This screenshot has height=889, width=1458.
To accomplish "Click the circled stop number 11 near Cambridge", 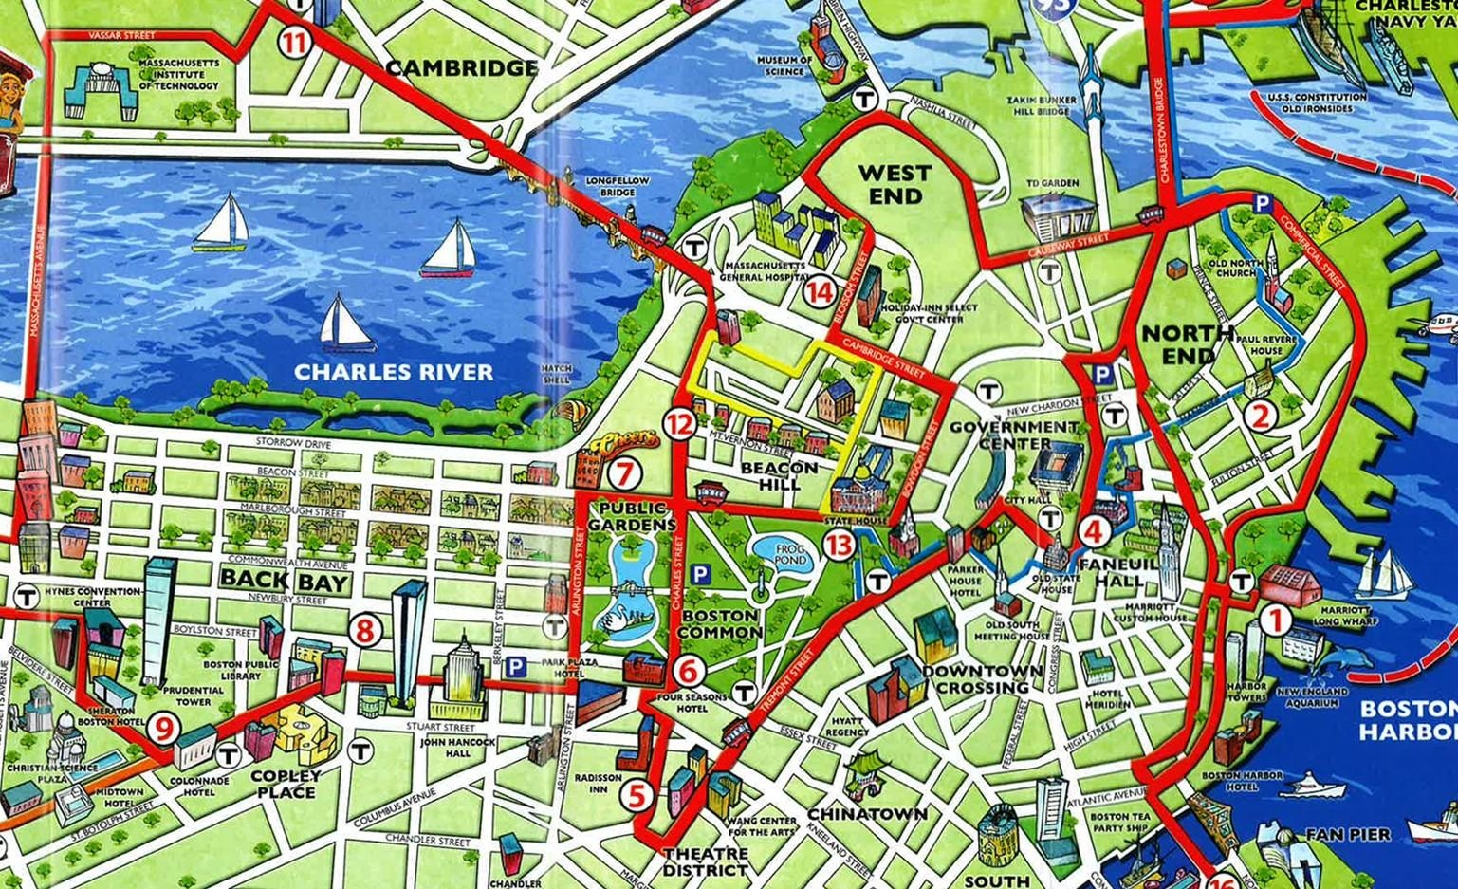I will [x=294, y=42].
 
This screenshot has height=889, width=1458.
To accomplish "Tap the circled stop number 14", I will [x=819, y=292].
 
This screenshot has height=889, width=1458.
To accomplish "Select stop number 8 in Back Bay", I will [x=365, y=630].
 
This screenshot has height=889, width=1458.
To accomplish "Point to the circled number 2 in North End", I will [x=1261, y=415].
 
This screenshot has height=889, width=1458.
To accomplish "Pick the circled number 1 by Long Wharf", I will [x=1275, y=620].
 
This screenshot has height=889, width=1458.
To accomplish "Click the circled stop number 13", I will [x=840, y=545].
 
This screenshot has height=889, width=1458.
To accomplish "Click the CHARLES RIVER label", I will [x=394, y=372].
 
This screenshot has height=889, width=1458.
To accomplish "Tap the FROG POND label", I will [x=790, y=554].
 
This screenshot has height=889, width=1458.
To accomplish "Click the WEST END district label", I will [x=895, y=184].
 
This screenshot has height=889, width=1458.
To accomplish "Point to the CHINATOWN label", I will [x=867, y=814].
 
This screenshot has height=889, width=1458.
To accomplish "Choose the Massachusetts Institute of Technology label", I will [x=178, y=74].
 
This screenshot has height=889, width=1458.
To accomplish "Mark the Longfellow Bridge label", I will [x=618, y=186].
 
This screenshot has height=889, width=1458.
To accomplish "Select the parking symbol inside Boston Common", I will [x=701, y=574].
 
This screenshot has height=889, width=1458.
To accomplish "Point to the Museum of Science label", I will [x=784, y=65].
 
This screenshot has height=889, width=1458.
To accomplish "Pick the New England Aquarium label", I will [x=1312, y=697].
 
